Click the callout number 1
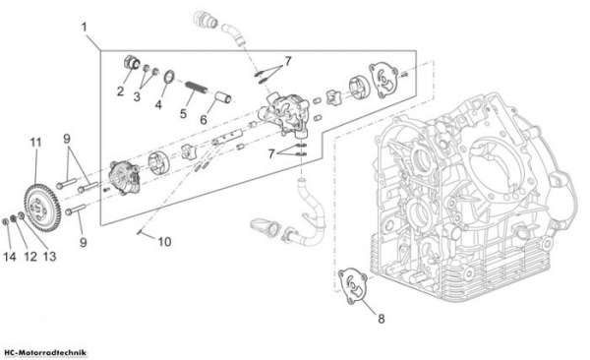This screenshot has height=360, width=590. (x=84, y=28)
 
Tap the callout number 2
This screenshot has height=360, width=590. (x=120, y=91)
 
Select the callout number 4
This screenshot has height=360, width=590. (x=158, y=104)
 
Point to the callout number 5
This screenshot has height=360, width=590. (x=183, y=113)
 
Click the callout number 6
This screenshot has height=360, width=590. (x=204, y=120)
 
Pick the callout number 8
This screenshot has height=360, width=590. (x=382, y=319)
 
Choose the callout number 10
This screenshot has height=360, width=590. (x=164, y=242)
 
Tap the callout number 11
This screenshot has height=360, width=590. (x=35, y=143)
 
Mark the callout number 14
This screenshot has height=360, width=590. (x=10, y=257)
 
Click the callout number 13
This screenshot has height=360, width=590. (x=49, y=257)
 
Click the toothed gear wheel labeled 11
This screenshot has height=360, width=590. (x=42, y=208)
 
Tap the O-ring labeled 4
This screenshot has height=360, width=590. (x=169, y=76)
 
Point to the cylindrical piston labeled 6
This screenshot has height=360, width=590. (x=223, y=97)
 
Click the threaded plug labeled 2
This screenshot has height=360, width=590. (x=132, y=62)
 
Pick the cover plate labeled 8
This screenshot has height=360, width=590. (x=353, y=286)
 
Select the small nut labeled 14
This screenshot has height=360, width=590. (x=6, y=222)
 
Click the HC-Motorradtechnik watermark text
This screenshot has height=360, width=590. (x=45, y=353)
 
